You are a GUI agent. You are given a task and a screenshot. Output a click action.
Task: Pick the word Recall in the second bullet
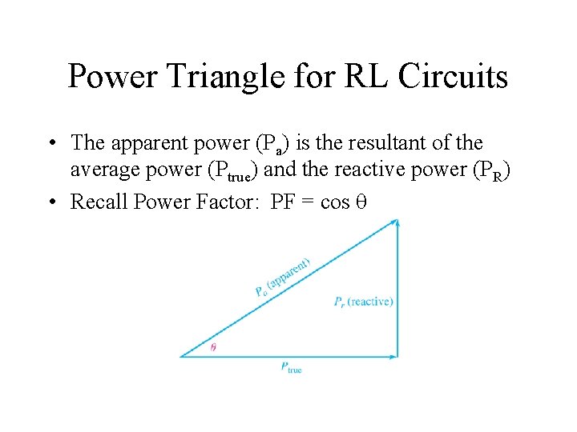pos(103,202)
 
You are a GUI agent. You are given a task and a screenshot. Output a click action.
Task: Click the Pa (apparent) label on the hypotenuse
pos(282,276)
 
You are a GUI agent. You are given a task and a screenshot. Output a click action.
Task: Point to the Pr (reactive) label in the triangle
pos(363,302)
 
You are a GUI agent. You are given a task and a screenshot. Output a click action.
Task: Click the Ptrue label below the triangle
pos(291,368)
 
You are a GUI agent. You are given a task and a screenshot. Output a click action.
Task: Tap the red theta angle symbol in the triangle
pos(213,347)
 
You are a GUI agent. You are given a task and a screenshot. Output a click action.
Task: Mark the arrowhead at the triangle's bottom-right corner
pos(395,356)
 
